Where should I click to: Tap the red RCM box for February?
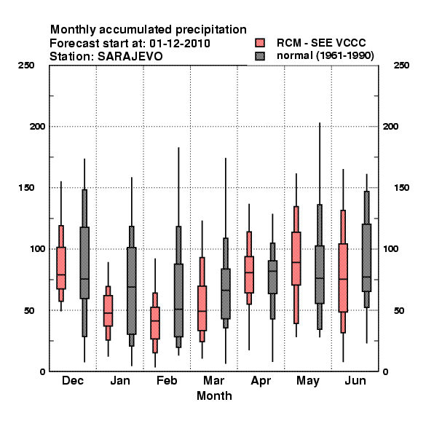(155, 323)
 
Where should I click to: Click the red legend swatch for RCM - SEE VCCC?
(260, 43)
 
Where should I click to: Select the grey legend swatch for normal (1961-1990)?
(260, 56)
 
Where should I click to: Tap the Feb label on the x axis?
(167, 380)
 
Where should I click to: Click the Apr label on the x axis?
(261, 381)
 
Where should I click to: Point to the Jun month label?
(355, 380)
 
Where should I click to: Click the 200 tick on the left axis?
(38, 127)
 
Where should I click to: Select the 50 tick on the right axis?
(399, 310)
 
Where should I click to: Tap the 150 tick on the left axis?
(26, 188)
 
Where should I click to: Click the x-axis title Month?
(214, 395)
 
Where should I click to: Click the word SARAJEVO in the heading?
(130, 57)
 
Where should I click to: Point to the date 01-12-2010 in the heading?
(180, 43)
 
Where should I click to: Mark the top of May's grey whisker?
(320, 123)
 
